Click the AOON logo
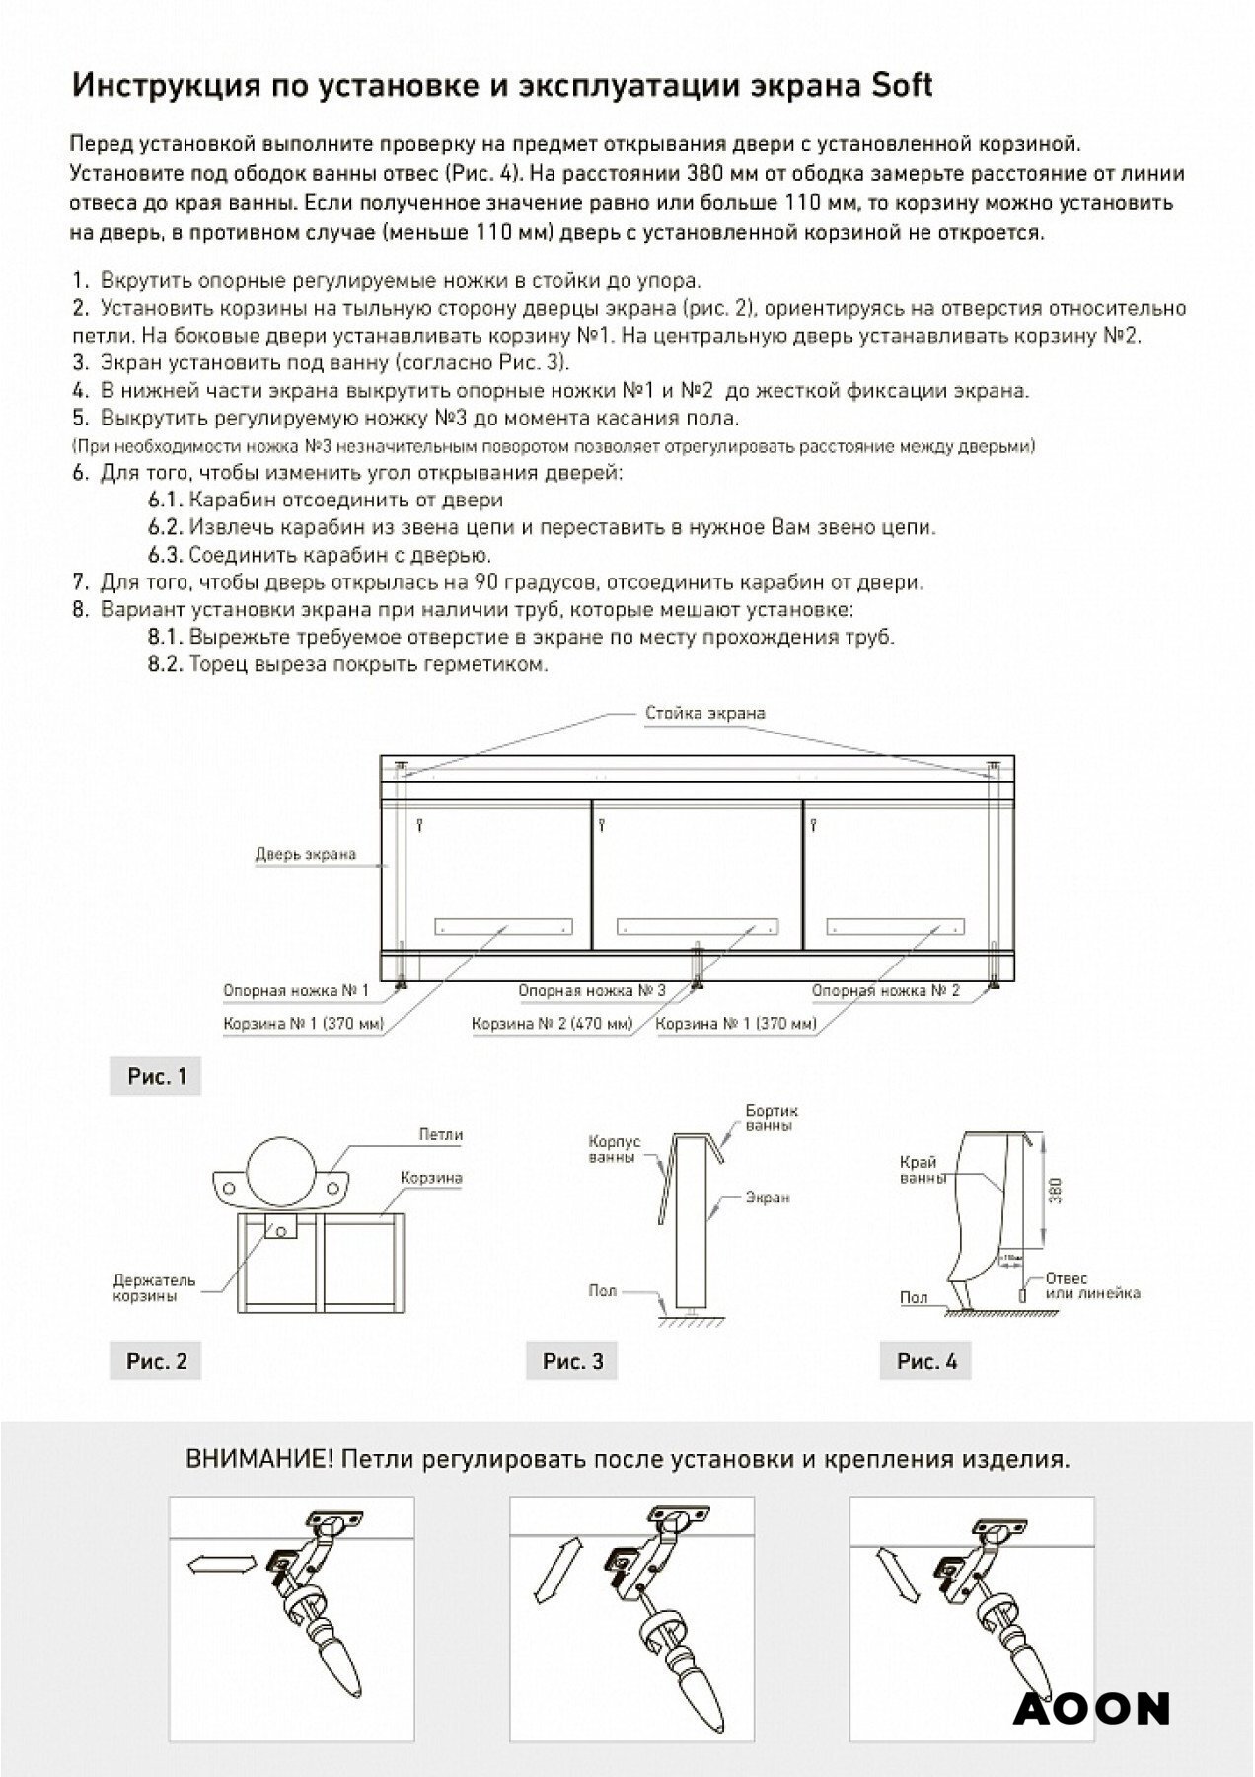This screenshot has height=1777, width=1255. [x=1091, y=1709]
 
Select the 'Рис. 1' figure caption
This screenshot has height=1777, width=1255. [x=156, y=1076]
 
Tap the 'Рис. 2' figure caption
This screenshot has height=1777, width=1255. [x=156, y=1361]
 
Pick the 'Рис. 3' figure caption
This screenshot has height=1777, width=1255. [x=572, y=1361]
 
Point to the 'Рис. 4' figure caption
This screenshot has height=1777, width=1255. [x=926, y=1361]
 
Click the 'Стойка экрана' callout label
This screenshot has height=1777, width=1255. [x=704, y=713]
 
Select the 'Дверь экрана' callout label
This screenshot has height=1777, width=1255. [x=305, y=854]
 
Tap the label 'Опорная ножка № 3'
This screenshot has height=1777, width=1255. [x=592, y=990]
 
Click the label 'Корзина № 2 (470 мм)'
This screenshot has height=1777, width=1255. [x=552, y=1024]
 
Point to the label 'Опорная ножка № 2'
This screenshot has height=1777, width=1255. [x=885, y=990]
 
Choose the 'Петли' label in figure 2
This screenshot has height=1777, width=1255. [x=440, y=1135]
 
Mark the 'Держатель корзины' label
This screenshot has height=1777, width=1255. [x=154, y=1288]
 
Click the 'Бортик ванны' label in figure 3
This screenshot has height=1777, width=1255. [x=772, y=1120]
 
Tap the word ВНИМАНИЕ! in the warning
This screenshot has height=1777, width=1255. [x=258, y=1460]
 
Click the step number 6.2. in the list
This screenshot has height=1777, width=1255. [x=166, y=527]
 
